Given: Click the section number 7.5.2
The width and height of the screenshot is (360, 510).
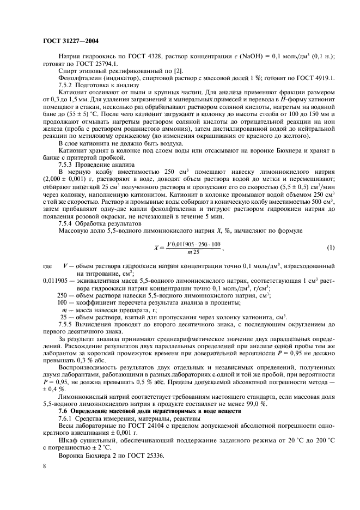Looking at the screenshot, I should (68, 86).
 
